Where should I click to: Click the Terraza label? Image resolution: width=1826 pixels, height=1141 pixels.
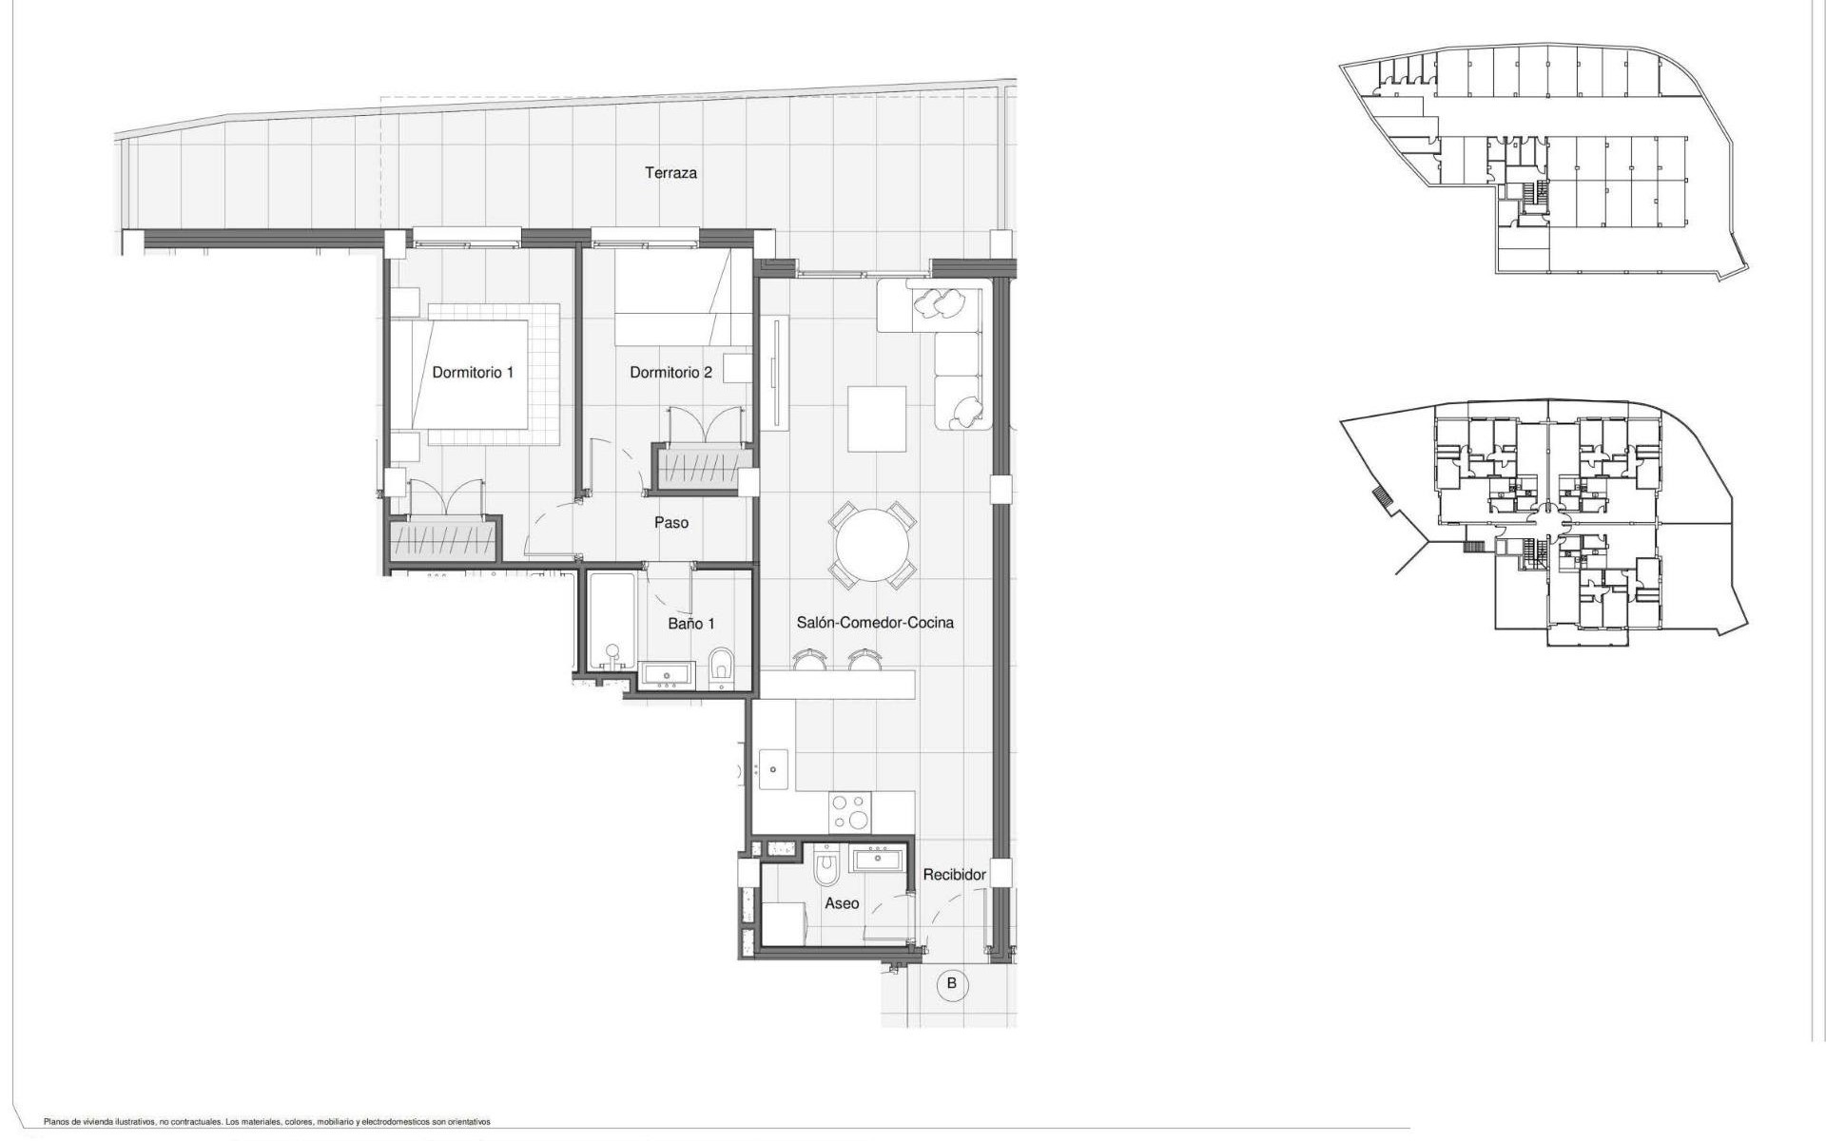pos(670,173)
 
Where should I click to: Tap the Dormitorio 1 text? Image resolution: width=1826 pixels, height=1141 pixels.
pos(473,372)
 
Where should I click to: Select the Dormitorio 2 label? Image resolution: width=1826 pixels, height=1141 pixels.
pos(670,372)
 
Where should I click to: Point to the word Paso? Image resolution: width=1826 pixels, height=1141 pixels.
pos(671,522)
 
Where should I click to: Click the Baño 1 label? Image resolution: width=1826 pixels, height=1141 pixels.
pos(691,624)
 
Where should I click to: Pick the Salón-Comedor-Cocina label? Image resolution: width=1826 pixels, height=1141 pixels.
pos(875,622)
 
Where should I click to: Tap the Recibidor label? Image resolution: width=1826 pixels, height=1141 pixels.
pos(954,875)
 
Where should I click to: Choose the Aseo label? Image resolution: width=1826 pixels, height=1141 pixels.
pos(842,903)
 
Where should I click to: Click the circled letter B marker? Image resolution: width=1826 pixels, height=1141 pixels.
pos(952,984)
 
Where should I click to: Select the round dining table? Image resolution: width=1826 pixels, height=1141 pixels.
pos(872,546)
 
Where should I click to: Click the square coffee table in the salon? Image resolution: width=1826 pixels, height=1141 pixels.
pos(877,418)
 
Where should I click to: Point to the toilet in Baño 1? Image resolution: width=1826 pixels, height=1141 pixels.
pos(722,667)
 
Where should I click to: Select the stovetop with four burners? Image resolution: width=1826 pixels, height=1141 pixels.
pos(851,813)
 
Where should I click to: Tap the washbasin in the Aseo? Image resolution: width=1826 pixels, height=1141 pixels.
pos(879,860)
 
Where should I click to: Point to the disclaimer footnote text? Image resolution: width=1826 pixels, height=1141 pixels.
pos(267,1122)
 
